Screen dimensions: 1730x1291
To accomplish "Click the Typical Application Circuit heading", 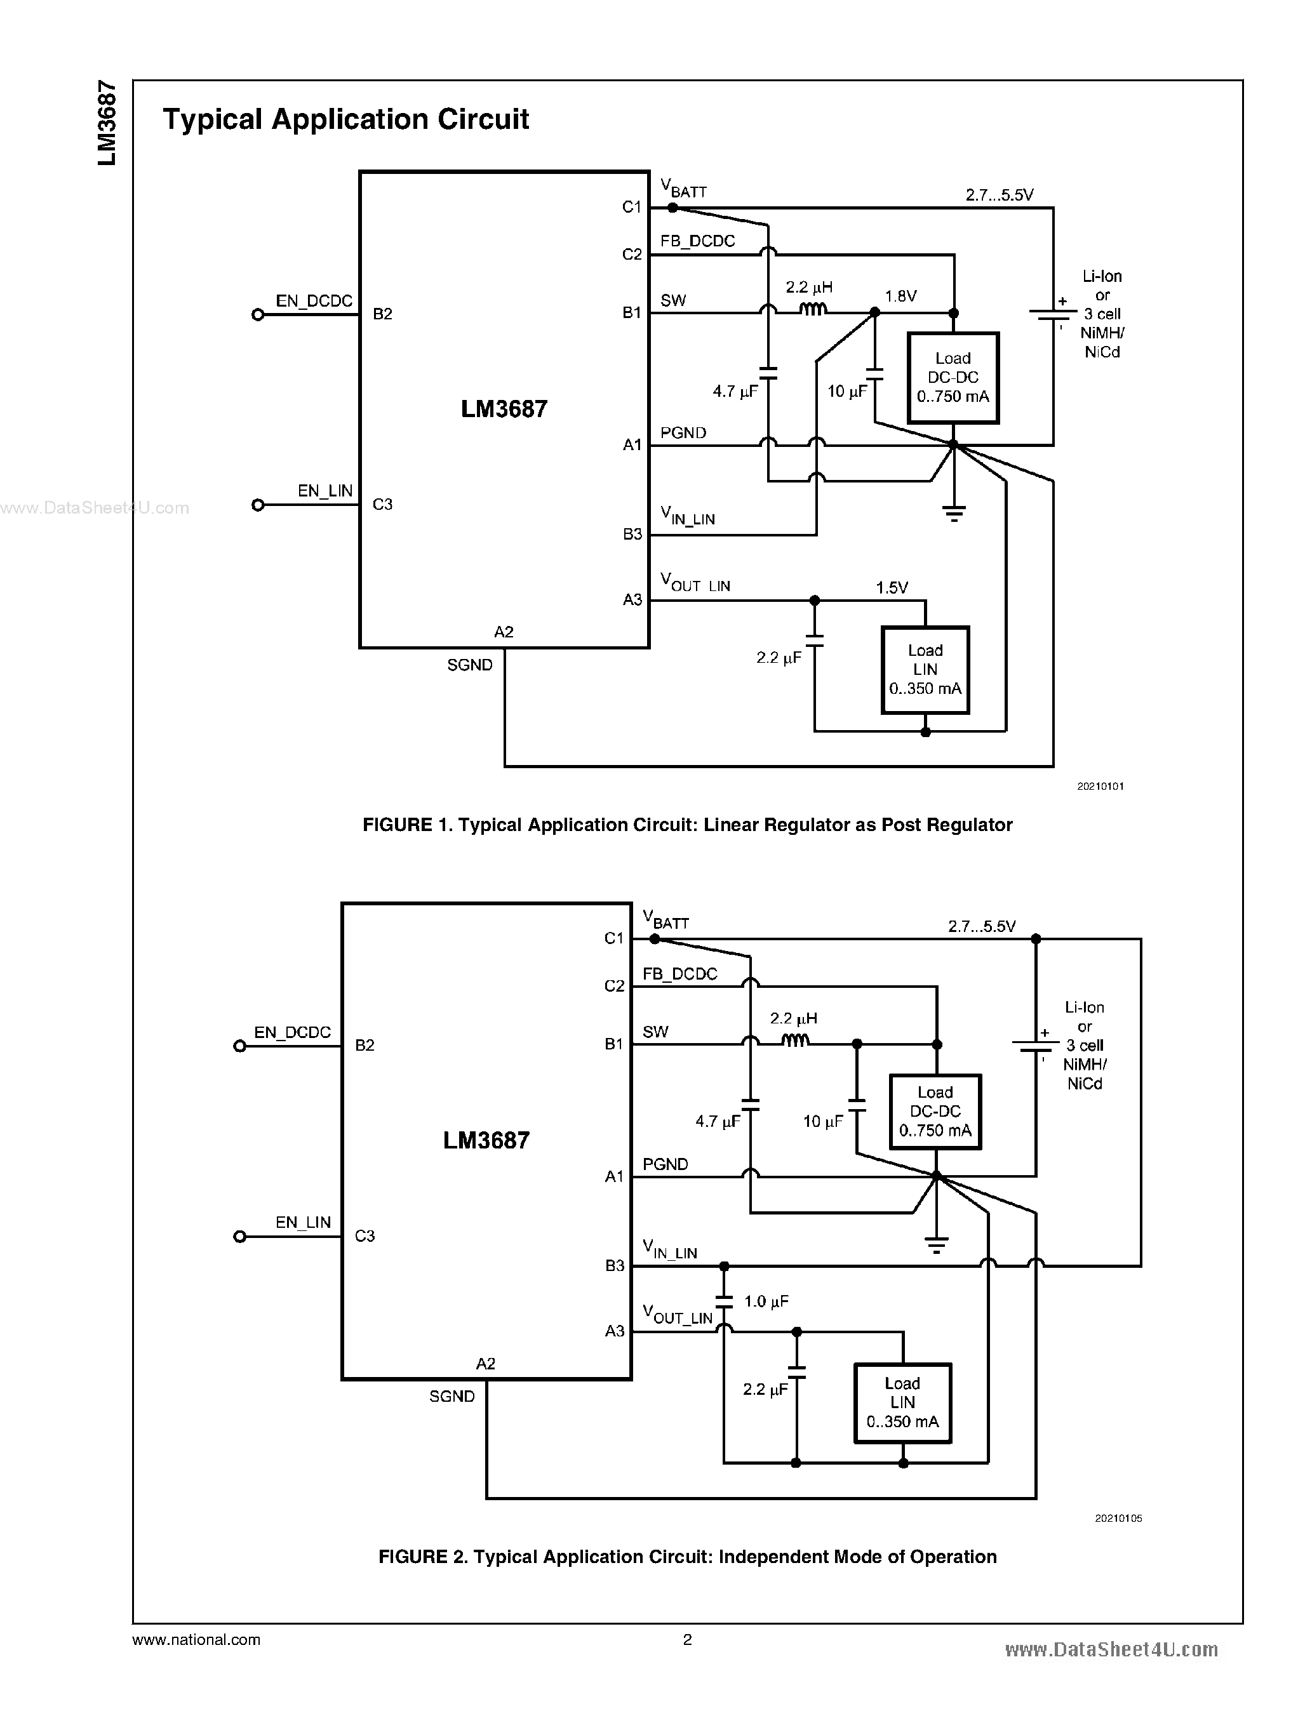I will [x=345, y=119].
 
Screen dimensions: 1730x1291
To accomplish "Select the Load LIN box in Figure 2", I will [x=902, y=1402].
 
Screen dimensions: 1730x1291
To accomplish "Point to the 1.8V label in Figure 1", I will [x=900, y=296].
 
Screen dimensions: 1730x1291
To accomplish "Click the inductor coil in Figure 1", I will [x=813, y=309].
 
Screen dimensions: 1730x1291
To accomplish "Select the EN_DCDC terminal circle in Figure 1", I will [x=258, y=315].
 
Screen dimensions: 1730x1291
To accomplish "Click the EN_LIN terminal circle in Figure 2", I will [x=240, y=1236].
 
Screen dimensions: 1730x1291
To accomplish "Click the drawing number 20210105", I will [x=1118, y=1518].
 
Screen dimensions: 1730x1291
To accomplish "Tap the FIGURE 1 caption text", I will [x=687, y=825].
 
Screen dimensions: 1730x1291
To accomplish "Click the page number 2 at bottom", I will [x=687, y=1639].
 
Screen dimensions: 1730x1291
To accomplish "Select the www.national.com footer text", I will [x=196, y=1639].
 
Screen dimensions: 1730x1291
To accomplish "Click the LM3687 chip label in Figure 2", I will [x=486, y=1140].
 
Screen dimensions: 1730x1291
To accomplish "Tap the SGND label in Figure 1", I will [x=470, y=665].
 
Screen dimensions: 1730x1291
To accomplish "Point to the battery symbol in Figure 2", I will [x=1036, y=1045].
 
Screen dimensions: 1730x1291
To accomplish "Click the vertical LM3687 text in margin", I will [x=107, y=123].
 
